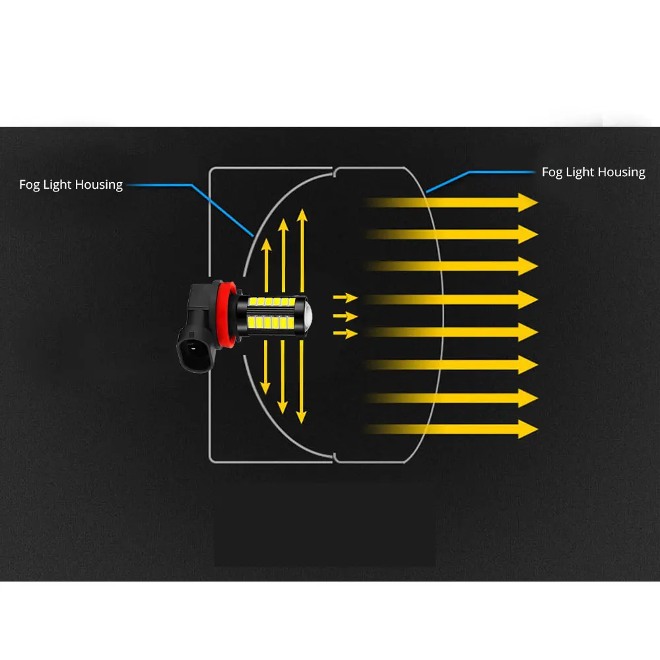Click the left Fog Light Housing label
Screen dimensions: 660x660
[x=71, y=185]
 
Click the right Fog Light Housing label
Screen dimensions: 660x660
[x=593, y=172]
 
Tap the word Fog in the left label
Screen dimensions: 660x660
[x=30, y=185]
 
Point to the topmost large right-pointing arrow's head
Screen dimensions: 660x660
[x=528, y=203]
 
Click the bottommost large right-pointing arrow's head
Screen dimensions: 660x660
[x=528, y=429]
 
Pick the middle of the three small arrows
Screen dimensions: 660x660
[x=346, y=315]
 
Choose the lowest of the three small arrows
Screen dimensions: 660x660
[x=346, y=333]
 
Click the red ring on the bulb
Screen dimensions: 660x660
[x=224, y=315]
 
